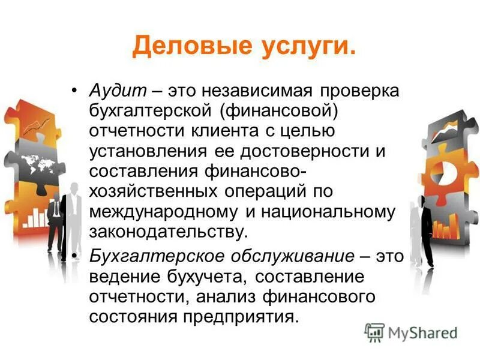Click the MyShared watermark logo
point(410,332)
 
